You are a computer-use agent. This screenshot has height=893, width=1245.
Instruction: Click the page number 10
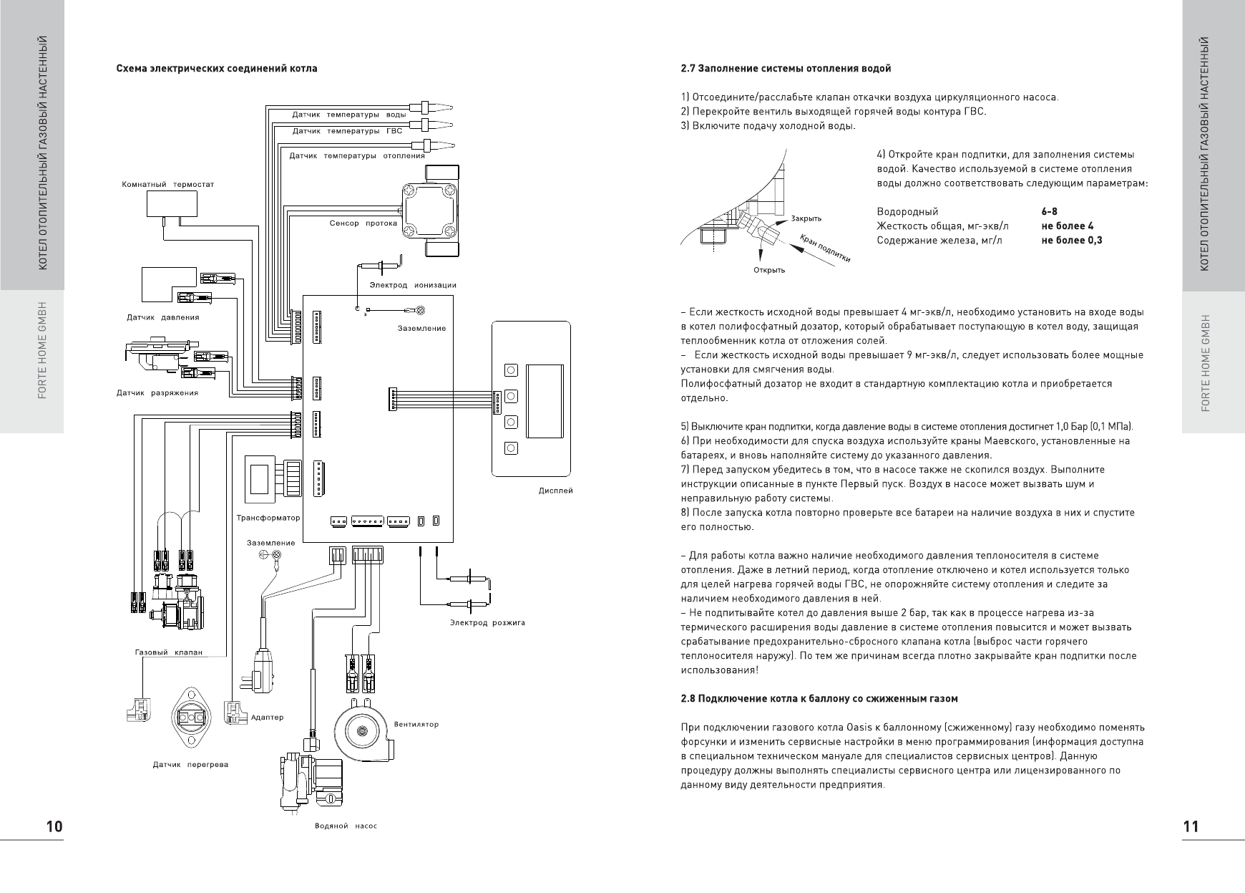[x=54, y=826]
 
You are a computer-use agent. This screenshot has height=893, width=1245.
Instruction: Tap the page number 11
[x=1191, y=826]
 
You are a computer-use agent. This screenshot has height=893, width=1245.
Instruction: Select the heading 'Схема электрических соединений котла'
[x=217, y=69]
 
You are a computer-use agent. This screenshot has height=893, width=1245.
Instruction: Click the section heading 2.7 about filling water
[x=786, y=69]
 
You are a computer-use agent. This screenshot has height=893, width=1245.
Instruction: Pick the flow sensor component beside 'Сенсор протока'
[x=429, y=210]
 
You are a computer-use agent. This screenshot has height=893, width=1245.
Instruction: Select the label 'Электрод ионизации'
[x=413, y=285]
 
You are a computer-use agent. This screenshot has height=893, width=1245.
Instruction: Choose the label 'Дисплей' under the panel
[x=555, y=491]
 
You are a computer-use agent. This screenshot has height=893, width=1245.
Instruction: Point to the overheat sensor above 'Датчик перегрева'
[x=191, y=717]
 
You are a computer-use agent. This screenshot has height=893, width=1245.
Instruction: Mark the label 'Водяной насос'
[x=346, y=826]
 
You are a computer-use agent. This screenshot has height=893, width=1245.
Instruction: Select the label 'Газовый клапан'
[x=169, y=652]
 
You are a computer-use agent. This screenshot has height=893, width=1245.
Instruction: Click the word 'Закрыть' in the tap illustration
[x=806, y=218]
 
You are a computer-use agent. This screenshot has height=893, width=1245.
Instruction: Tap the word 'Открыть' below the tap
[x=769, y=270]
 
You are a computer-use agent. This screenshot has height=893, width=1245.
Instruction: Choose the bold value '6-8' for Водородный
[x=1049, y=212]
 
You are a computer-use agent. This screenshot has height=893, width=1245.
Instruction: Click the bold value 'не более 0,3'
[x=1072, y=241]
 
